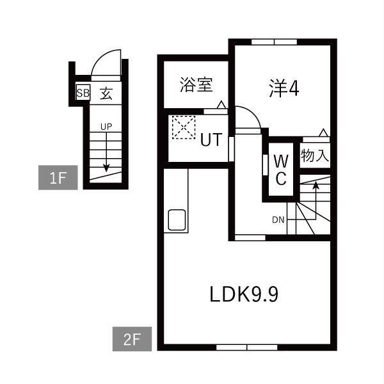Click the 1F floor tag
[x=58, y=178]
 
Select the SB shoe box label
[x=83, y=93]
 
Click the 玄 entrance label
[x=106, y=93]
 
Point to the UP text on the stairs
[x=106, y=126]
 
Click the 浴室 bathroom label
[x=196, y=84]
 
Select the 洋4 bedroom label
[x=284, y=89]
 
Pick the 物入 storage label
[x=315, y=154]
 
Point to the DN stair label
[x=278, y=220]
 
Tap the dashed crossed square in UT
[x=184, y=127]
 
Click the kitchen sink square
[x=177, y=221]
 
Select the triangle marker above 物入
[x=324, y=133]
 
